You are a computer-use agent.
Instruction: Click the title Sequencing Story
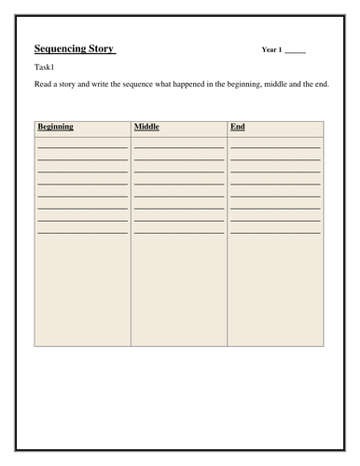(x=74, y=48)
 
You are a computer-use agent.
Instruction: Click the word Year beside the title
(x=270, y=49)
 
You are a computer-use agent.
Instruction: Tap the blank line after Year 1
(x=294, y=51)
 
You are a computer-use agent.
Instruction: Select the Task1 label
(x=46, y=69)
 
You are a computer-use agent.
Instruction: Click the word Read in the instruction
(x=43, y=85)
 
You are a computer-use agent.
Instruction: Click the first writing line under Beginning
(x=82, y=147)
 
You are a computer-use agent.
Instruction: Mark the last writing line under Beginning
(x=82, y=232)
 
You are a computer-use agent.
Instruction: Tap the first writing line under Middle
(x=178, y=147)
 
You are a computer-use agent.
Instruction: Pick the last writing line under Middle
(x=178, y=232)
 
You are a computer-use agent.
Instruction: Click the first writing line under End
(x=275, y=147)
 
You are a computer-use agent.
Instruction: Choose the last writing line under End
(x=275, y=232)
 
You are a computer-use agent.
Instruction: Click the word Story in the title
(x=102, y=48)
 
